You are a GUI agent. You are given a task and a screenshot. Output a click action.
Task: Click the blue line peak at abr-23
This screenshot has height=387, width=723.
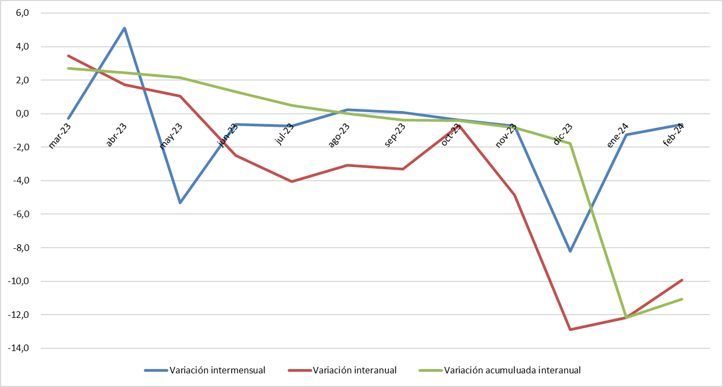click(x=124, y=28)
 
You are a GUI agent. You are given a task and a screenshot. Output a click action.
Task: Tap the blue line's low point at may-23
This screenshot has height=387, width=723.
click(x=180, y=202)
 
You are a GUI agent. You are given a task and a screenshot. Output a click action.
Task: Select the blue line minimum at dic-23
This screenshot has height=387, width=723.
click(x=570, y=251)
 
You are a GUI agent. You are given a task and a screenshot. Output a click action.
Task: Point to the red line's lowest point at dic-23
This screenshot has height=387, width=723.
click(x=570, y=329)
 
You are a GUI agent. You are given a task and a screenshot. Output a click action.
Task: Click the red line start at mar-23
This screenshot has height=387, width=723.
click(x=68, y=56)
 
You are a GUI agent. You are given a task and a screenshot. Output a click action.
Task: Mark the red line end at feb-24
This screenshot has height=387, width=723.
click(x=682, y=280)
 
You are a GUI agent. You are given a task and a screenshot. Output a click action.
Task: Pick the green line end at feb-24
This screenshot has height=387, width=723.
click(x=682, y=299)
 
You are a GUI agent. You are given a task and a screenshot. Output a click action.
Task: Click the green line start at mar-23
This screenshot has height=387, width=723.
click(x=68, y=68)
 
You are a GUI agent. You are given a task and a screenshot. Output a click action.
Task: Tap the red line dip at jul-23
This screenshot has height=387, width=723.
click(x=291, y=181)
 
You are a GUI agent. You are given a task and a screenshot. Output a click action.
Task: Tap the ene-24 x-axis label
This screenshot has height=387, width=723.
click(x=617, y=136)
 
